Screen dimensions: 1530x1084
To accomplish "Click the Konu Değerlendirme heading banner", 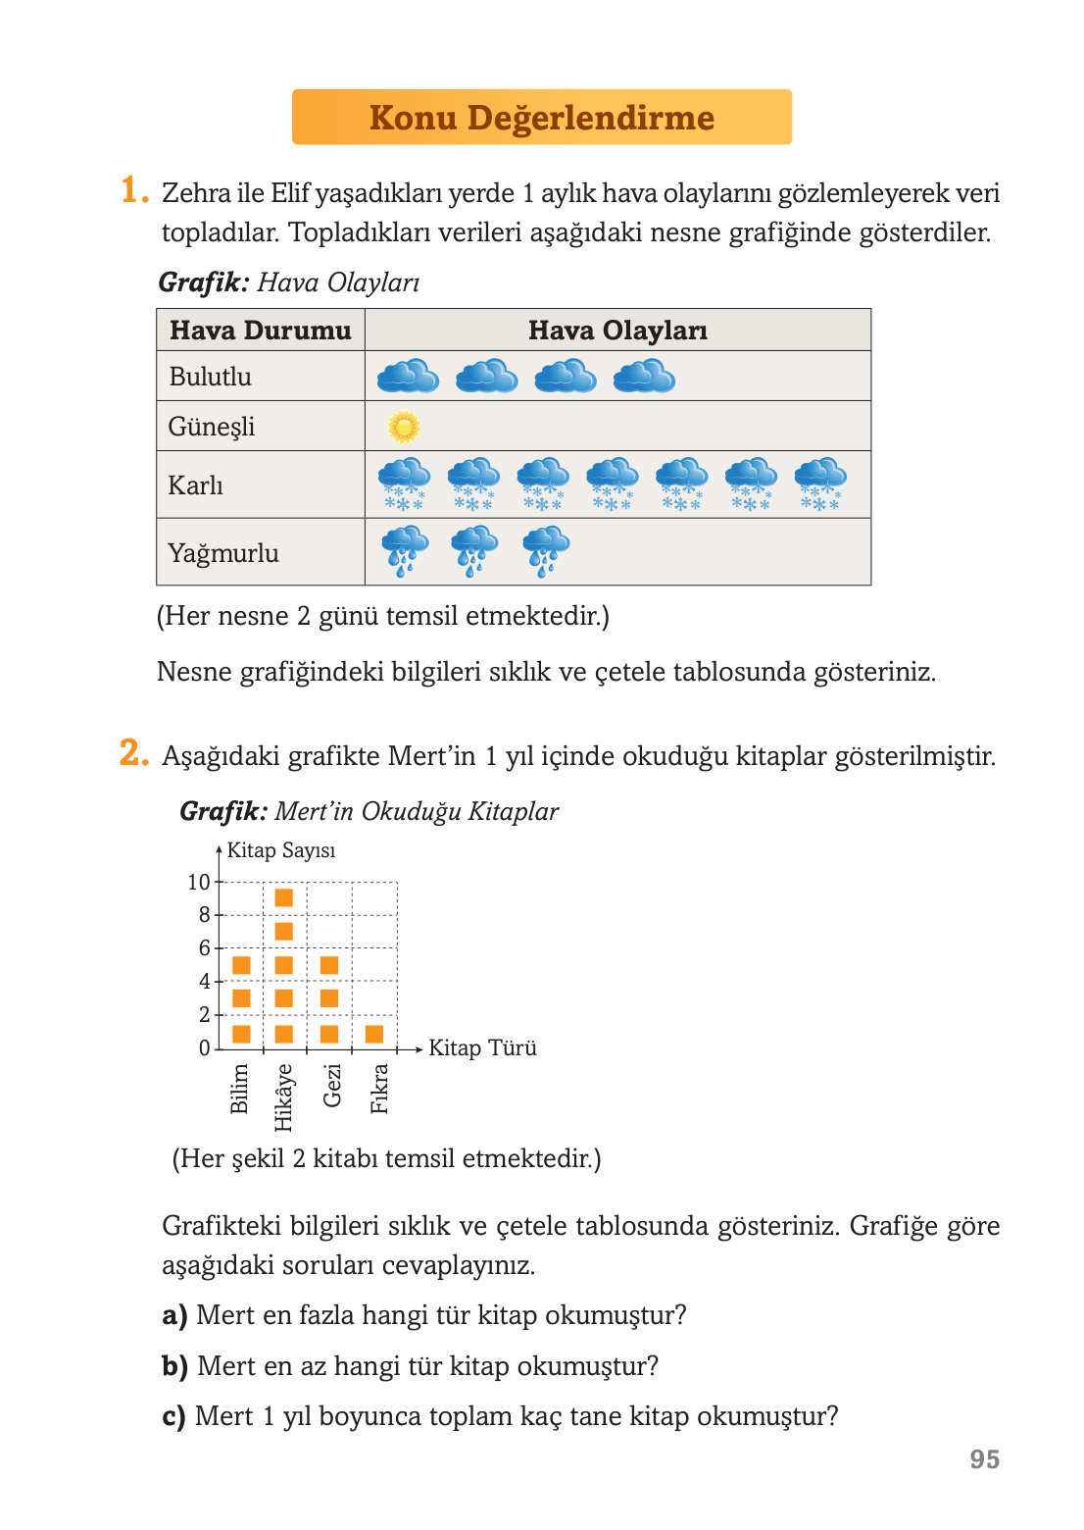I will (x=541, y=118).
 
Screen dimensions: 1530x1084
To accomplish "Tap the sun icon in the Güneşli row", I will (x=404, y=427).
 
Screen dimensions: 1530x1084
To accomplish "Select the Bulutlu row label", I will (x=210, y=377).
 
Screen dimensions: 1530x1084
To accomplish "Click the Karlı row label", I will (x=195, y=484).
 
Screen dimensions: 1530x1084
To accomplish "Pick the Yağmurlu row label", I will (x=223, y=553).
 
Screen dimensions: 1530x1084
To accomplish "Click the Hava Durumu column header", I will (x=260, y=331).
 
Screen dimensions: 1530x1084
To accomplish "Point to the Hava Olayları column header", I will (x=617, y=331).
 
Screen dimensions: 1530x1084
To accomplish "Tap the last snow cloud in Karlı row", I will (x=820, y=484).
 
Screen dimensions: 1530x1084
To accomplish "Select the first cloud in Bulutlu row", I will (x=408, y=376).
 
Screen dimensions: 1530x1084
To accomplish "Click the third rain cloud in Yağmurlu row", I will (x=546, y=550).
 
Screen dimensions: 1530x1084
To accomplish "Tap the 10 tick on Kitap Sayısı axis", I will (x=199, y=882).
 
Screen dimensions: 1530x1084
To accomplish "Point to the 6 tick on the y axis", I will (x=205, y=947).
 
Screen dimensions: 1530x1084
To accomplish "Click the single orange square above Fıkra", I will (x=374, y=1034).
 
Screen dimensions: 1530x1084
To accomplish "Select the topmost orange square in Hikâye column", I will (x=284, y=897).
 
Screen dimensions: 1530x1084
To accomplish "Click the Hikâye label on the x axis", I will (x=283, y=1096).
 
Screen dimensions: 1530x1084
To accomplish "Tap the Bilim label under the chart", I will (x=239, y=1089).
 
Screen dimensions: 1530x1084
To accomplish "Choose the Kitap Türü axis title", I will (x=482, y=1047).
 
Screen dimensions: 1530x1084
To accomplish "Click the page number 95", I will (x=984, y=1459).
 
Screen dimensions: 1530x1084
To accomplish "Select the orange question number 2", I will (x=132, y=753).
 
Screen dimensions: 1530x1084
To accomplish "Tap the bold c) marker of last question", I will (x=173, y=1416).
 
